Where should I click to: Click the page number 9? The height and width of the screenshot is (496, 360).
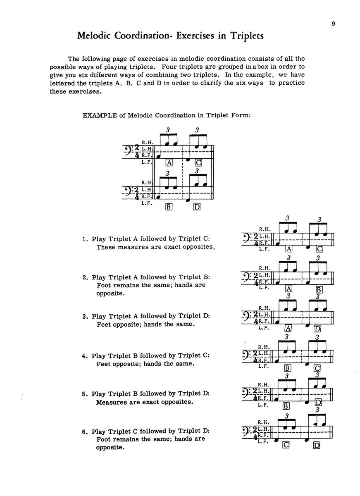click(333, 24)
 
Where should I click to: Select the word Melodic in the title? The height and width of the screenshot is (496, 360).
click(95, 36)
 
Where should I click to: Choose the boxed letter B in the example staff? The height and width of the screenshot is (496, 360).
click(168, 207)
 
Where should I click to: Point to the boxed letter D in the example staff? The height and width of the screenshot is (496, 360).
click(196, 207)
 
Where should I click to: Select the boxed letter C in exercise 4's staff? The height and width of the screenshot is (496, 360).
click(317, 368)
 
